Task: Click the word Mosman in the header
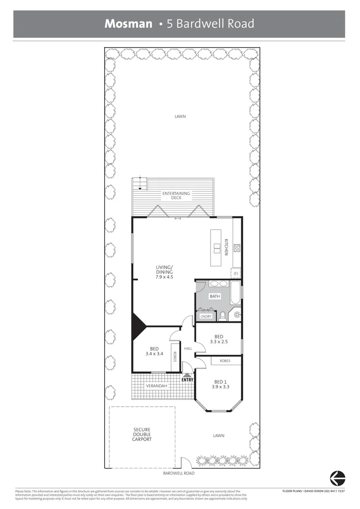(x=128, y=24)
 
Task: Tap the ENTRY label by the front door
(x=187, y=379)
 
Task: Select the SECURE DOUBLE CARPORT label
(x=142, y=434)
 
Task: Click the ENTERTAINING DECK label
(x=176, y=196)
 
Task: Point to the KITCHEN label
(x=226, y=247)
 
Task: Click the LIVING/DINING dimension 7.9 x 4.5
(x=164, y=277)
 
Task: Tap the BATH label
(x=215, y=296)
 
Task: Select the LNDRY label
(x=206, y=316)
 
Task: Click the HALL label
(x=188, y=349)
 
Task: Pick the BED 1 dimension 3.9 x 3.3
(x=221, y=387)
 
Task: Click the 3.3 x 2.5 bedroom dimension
(x=218, y=342)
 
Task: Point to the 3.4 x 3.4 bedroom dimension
(x=154, y=353)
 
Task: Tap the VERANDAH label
(x=155, y=386)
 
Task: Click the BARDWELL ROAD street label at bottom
(x=179, y=473)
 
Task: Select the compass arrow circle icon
(x=337, y=478)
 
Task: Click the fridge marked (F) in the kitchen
(x=236, y=273)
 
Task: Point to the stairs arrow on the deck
(x=139, y=187)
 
